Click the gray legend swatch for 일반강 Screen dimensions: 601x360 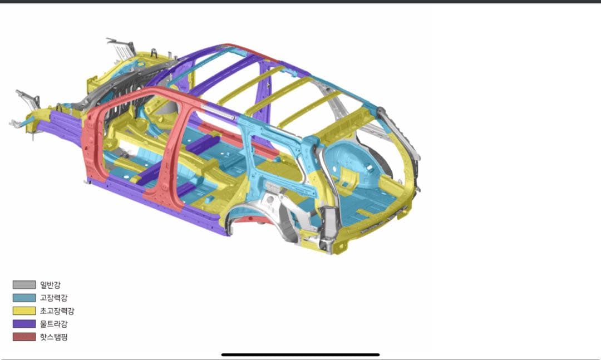[24, 285]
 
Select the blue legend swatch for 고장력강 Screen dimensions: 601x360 [24, 298]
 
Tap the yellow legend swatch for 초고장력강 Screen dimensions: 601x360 [24, 311]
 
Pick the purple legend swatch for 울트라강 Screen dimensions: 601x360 [24, 324]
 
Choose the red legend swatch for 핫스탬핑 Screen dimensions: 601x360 [24, 337]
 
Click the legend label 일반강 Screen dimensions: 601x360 [50, 285]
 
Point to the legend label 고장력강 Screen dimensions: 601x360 [53, 298]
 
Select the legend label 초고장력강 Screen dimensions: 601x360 [57, 311]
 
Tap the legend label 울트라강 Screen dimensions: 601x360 [53, 324]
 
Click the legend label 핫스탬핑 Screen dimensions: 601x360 [53, 337]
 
